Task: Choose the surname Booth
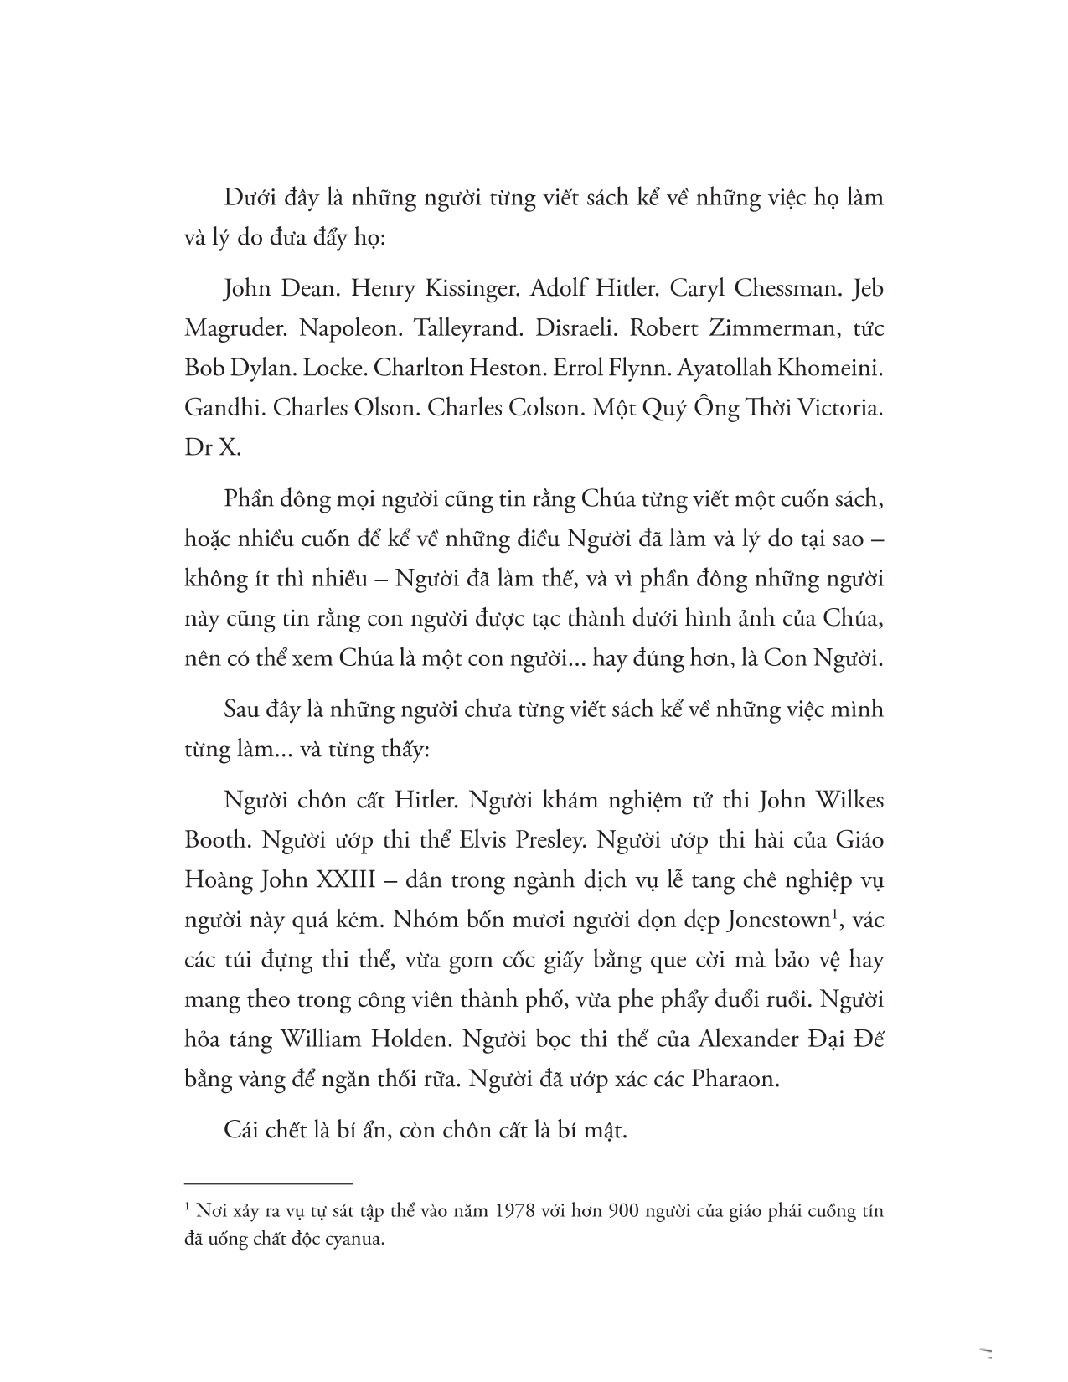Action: pyautogui.click(x=214, y=840)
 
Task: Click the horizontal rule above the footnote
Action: pyautogui.click(x=269, y=1183)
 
